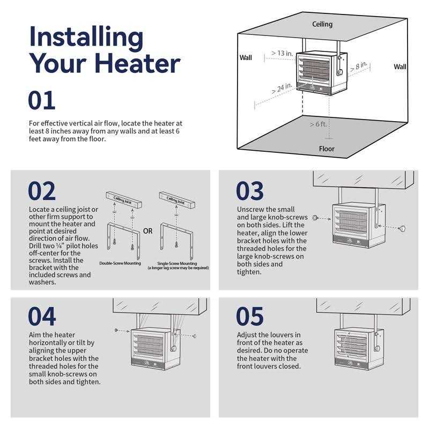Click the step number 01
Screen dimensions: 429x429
(x=42, y=100)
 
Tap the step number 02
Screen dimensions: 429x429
(x=42, y=191)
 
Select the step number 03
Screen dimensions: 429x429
(x=250, y=191)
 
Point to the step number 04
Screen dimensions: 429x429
(x=42, y=316)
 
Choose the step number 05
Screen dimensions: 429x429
(x=250, y=316)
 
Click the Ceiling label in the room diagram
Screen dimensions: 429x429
(x=322, y=24)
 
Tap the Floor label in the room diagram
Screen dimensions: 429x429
(x=327, y=149)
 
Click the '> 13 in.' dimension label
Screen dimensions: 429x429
(x=282, y=53)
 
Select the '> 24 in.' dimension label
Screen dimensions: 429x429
(x=282, y=88)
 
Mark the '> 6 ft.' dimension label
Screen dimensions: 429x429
(x=318, y=124)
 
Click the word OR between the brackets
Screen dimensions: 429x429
(x=148, y=231)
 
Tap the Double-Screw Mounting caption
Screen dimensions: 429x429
(x=120, y=263)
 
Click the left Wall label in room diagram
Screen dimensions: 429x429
(x=246, y=58)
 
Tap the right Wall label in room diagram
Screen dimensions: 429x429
(x=400, y=66)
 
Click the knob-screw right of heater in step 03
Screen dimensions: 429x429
(x=402, y=229)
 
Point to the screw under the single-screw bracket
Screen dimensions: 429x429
(x=176, y=244)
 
